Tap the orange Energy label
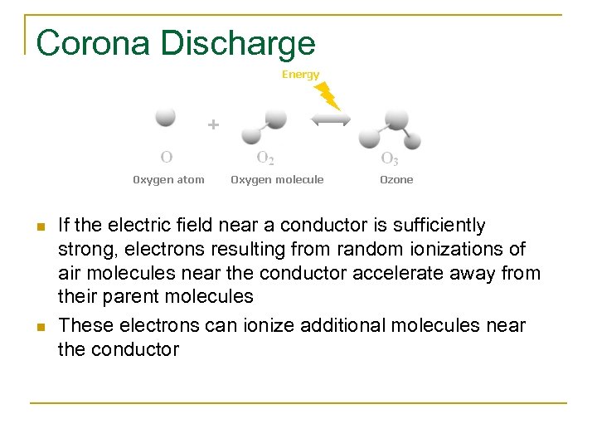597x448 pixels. point(300,75)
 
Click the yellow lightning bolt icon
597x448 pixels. point(328,95)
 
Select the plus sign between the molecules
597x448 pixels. point(213,125)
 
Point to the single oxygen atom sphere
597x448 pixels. point(166,116)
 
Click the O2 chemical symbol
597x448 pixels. point(265,158)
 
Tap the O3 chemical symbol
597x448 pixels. point(389,158)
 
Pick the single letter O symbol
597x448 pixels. point(167,156)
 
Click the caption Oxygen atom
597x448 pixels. point(169,179)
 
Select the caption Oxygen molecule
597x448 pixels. point(277,179)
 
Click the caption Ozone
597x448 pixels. point(396,179)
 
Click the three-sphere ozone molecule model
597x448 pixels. point(390,128)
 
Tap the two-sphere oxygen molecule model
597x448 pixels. point(265,125)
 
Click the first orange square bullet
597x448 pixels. point(39,227)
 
